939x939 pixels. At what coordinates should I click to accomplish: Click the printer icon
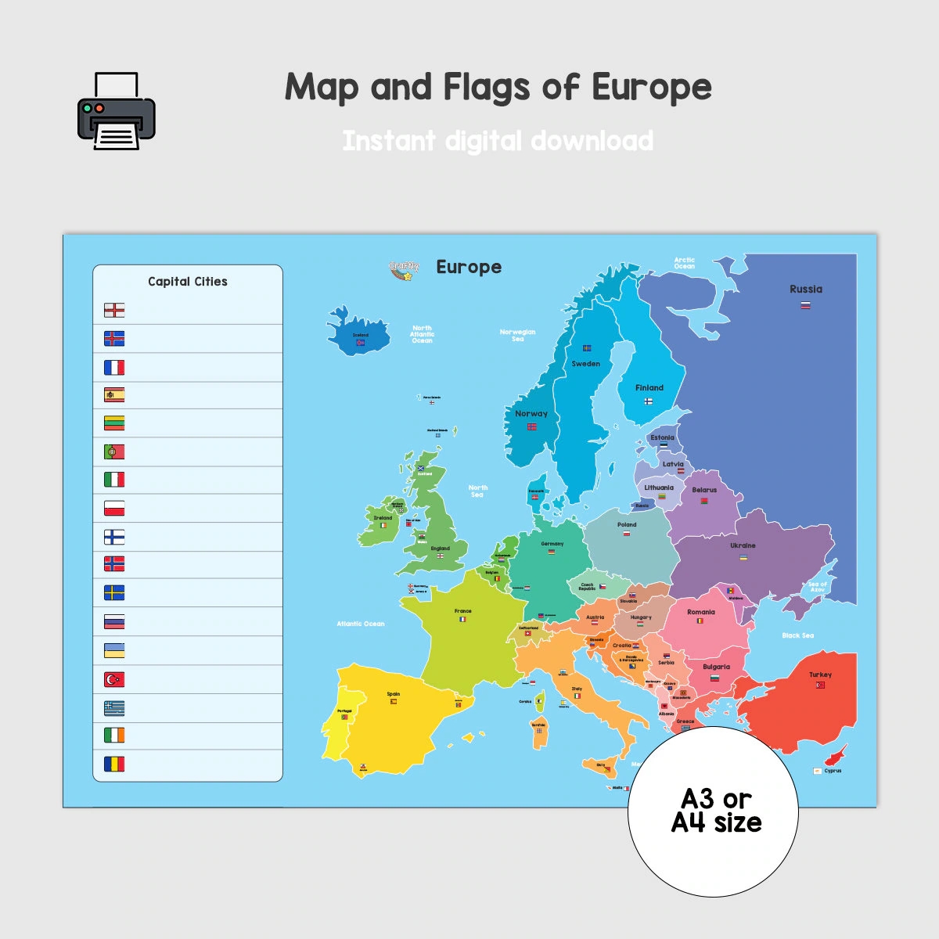117,111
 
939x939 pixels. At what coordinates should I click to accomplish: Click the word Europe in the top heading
651,87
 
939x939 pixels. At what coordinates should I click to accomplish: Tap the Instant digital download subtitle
498,141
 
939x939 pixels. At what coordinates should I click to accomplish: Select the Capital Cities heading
188,282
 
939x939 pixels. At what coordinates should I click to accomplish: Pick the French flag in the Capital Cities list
114,367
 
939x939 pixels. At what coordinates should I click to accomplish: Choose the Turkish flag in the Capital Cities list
114,679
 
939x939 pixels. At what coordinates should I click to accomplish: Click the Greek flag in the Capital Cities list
114,708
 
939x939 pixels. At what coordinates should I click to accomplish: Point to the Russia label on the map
806,290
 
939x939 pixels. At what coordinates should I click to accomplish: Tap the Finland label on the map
649,388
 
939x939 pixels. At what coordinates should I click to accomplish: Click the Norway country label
531,414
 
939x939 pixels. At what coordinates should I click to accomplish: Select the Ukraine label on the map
743,545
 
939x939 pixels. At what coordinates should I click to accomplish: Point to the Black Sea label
797,635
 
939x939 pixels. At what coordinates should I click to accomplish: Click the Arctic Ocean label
685,263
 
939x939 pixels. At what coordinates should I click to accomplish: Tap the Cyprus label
833,771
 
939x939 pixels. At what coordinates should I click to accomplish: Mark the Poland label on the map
627,525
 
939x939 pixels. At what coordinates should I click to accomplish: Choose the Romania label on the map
701,613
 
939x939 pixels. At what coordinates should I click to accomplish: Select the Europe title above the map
469,268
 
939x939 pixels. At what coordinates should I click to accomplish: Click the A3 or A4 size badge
714,811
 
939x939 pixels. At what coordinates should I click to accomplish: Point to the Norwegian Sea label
517,335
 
